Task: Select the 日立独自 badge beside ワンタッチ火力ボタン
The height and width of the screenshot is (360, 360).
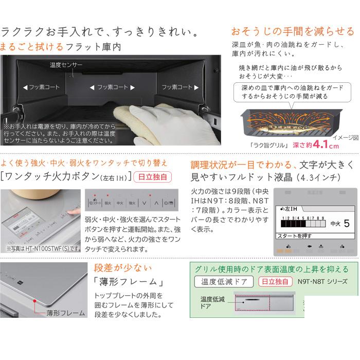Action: point(155,176)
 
